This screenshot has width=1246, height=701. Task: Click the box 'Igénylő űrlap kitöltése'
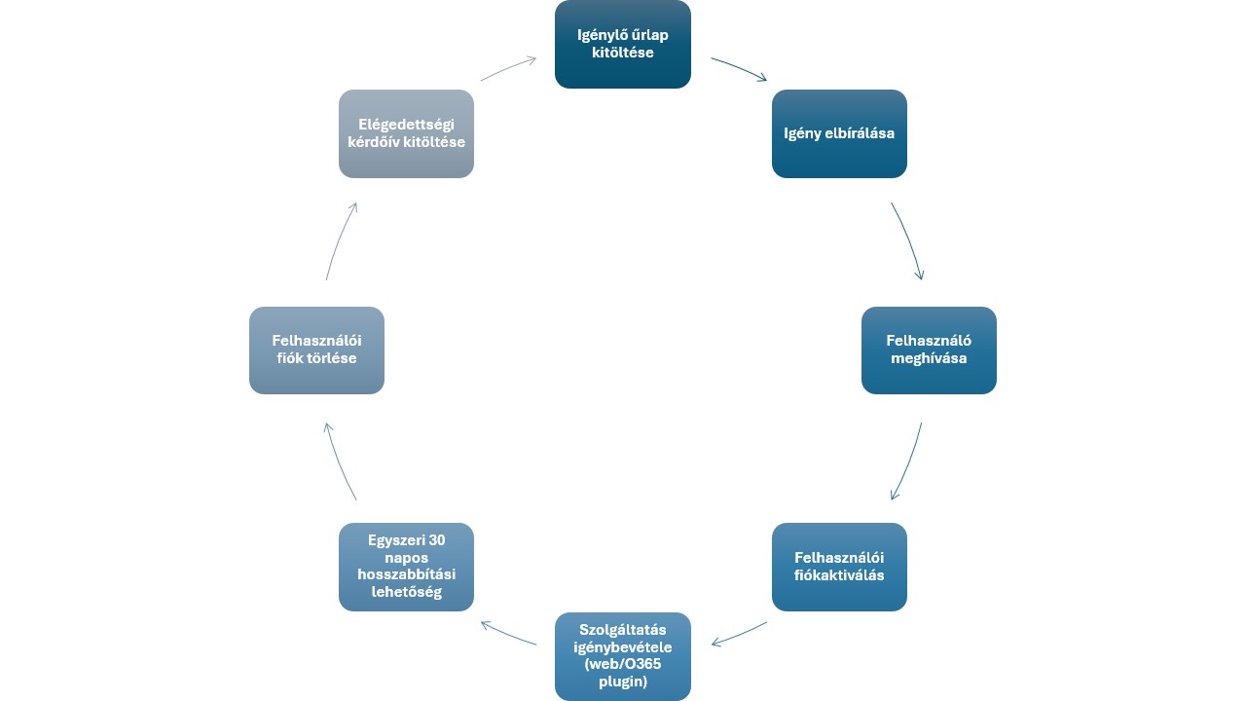tap(623, 44)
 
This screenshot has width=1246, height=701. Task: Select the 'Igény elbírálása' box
tap(839, 133)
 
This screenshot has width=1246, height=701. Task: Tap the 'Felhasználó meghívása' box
tap(929, 350)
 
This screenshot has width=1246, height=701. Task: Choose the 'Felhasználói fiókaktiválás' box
tap(839, 567)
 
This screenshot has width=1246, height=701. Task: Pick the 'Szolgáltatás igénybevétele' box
tap(623, 656)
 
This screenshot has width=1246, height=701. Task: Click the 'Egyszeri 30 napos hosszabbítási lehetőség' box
tap(406, 567)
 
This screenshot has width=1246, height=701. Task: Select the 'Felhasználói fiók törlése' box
tap(316, 350)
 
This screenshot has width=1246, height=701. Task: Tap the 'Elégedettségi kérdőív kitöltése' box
tap(406, 133)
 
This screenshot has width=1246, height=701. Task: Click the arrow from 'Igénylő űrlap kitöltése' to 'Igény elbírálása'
tap(740, 67)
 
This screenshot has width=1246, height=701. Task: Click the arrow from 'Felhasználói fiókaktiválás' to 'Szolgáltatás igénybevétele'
tap(740, 635)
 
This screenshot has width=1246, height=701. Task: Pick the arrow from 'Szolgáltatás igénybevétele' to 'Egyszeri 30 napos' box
tap(508, 634)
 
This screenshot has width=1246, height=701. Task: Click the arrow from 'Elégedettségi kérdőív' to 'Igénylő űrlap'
tap(508, 68)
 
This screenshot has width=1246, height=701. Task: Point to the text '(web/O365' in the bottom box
tap(623, 665)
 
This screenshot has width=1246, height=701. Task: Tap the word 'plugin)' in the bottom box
tap(623, 683)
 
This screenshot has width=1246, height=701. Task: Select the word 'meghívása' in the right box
tap(929, 358)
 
